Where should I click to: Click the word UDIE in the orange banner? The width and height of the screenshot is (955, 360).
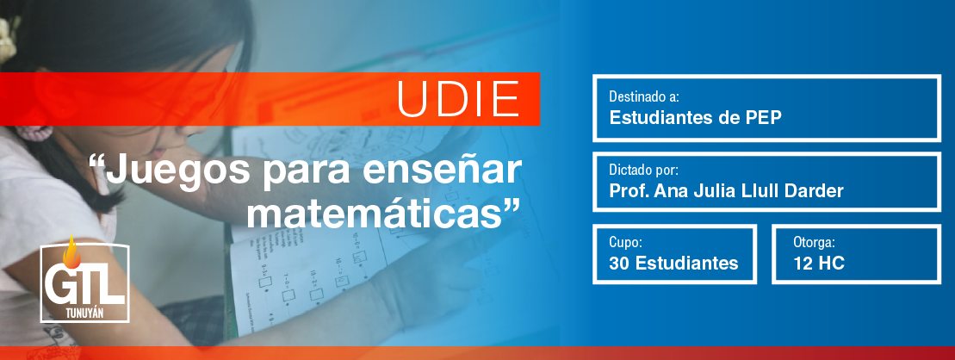[x=458, y=99]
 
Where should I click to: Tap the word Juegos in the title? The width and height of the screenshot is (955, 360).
[x=177, y=171]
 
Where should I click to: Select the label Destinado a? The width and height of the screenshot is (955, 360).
[x=644, y=96]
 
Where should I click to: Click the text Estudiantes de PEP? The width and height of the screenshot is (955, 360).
[x=695, y=118]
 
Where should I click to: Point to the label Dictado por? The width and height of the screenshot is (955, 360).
[x=643, y=170]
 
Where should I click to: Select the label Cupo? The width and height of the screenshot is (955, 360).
[x=625, y=242]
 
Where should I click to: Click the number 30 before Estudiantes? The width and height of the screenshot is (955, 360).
[x=620, y=264]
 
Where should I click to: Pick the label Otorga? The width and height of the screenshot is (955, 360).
[x=814, y=242]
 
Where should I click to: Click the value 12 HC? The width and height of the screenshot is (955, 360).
[x=819, y=264]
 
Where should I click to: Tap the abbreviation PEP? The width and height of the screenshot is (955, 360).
[x=764, y=118]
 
